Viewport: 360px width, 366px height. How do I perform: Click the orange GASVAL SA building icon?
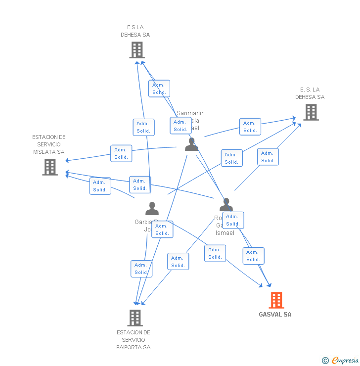276,300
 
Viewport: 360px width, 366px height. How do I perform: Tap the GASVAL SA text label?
275,315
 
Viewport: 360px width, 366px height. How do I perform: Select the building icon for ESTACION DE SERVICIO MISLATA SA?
50,167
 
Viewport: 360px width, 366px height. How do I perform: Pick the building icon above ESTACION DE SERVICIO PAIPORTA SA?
135,318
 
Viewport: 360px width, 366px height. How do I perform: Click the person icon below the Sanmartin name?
191,144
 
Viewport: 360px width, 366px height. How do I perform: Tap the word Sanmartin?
190,113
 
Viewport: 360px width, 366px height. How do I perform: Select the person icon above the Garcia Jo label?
152,208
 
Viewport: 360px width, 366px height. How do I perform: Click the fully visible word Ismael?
225,233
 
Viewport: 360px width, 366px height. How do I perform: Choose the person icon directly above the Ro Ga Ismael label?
226,204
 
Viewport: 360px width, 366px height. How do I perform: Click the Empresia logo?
345,361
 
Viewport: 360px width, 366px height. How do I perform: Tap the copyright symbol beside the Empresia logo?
325,361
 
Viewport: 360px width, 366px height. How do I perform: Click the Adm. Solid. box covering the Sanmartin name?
180,126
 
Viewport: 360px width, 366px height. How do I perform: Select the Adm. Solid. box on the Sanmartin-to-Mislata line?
121,153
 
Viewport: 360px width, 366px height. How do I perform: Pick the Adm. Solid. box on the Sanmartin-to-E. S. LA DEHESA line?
250,127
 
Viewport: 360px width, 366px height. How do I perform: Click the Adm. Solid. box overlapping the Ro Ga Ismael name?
233,220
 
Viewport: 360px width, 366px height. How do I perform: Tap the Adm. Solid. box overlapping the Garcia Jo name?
162,229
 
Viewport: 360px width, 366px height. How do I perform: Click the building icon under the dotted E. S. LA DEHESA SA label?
311,112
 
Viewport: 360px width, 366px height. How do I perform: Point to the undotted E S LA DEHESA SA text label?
135,31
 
